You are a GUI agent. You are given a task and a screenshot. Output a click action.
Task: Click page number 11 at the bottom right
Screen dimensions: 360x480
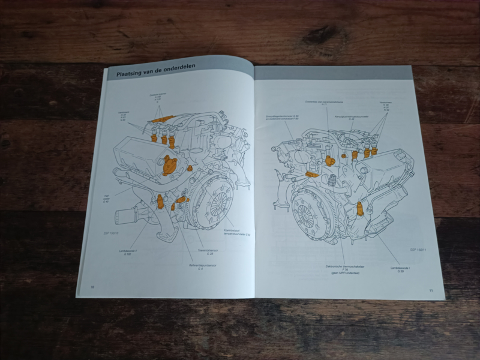click(430, 290)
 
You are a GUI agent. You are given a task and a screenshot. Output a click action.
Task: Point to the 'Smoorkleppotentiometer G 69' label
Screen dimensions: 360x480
click(278, 118)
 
